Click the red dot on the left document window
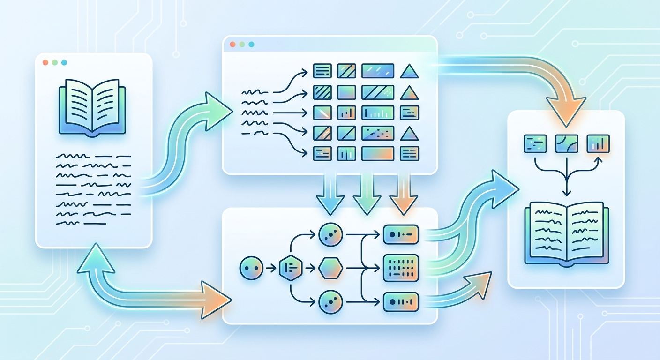tap(45, 62)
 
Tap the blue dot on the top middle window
tap(251, 44)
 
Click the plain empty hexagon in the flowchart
tap(330, 269)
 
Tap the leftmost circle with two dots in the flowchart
tap(251, 269)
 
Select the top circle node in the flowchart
tap(330, 234)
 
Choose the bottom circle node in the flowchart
tap(330, 302)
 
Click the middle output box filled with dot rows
tap(400, 268)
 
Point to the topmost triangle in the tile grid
tap(409, 71)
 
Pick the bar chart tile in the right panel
tap(598, 143)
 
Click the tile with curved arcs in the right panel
tap(566, 143)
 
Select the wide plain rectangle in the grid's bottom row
tap(378, 153)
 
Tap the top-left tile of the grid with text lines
tap(322, 71)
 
